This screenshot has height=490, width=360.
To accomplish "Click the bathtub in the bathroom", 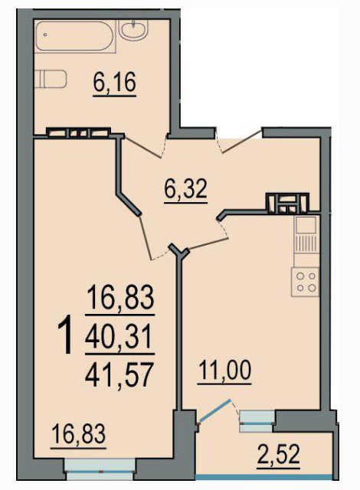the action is [x=75, y=36].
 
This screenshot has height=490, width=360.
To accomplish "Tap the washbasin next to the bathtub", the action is [x=133, y=30].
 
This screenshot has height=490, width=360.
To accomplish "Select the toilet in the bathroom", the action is [x=51, y=79].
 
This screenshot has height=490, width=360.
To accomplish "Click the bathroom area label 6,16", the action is [x=114, y=83].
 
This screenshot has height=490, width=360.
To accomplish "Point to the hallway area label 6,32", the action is [x=185, y=190].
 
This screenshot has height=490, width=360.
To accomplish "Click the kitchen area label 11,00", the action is [x=225, y=370].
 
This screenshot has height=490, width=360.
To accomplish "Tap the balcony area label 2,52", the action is [x=279, y=455].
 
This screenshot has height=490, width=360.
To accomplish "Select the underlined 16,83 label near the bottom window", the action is [x=78, y=434].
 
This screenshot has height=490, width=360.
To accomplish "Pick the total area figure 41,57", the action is [x=120, y=374].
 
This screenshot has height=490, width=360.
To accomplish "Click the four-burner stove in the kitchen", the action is [x=306, y=282].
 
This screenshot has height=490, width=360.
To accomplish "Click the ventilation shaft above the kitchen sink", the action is [x=287, y=203].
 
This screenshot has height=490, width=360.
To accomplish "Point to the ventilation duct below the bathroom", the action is [x=79, y=132].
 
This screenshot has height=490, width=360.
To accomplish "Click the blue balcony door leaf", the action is [x=214, y=411].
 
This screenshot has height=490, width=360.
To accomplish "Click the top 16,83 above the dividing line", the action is [x=120, y=297].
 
